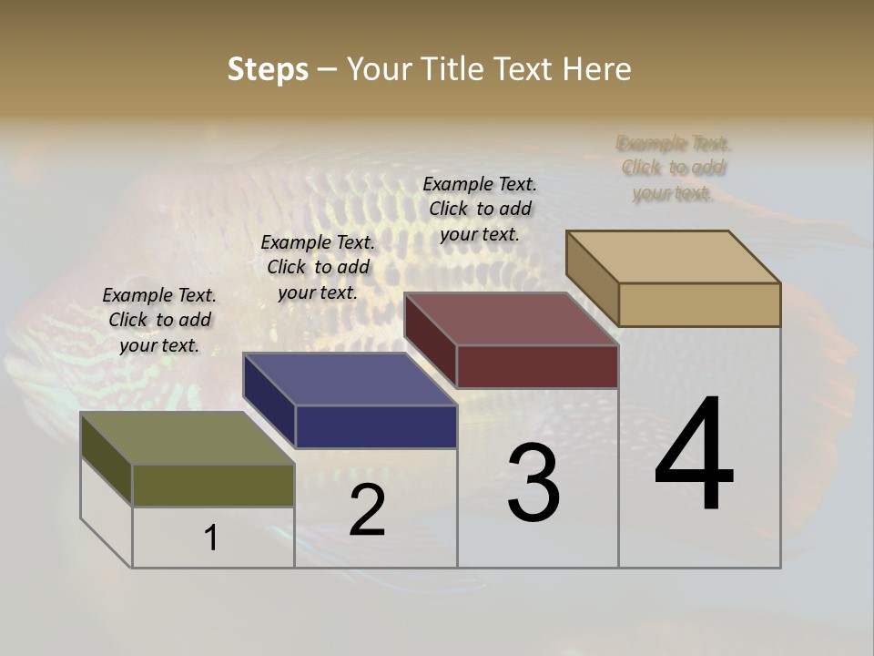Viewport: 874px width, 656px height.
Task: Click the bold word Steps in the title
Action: coord(267,69)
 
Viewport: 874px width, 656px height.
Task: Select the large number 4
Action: coord(694,455)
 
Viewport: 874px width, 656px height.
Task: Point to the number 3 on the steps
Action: coord(534,484)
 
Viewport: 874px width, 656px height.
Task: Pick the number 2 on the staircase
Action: coord(367,510)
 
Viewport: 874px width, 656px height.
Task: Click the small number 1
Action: coord(211,538)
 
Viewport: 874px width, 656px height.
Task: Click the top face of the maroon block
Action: coord(511,319)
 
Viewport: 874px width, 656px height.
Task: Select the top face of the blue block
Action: coord(349,379)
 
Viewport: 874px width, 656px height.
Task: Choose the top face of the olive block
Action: coord(188,438)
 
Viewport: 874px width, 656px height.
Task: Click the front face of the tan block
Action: coord(699,304)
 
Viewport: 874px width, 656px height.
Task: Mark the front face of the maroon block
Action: coord(537,366)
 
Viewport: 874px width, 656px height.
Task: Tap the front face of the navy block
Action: coord(376,426)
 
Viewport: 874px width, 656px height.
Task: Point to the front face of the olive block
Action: coord(213,485)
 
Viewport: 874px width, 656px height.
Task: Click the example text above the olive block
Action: coord(159,320)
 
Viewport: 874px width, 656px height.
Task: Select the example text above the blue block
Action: coord(318,267)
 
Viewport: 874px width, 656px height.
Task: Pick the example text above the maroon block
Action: coord(480,209)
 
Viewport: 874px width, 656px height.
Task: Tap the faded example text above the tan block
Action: coord(674,168)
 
